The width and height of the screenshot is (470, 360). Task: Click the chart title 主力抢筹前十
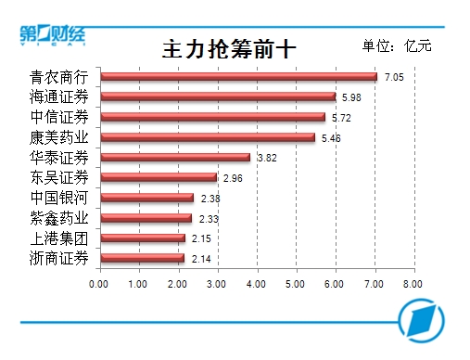click(x=229, y=49)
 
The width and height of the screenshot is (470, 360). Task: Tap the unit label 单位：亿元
click(x=397, y=45)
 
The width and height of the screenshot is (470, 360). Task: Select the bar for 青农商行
click(x=239, y=77)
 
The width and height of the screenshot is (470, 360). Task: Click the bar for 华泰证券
click(x=175, y=158)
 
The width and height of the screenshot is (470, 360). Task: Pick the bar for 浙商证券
click(x=143, y=258)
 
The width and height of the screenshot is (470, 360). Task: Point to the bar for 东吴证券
click(x=159, y=177)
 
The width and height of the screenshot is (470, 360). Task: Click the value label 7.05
click(x=394, y=77)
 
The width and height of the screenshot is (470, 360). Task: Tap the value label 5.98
click(x=351, y=97)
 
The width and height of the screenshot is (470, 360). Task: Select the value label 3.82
click(x=267, y=158)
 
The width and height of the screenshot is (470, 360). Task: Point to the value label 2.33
click(x=209, y=219)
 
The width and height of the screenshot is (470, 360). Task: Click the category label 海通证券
click(x=59, y=96)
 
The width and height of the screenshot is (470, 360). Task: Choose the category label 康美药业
click(x=59, y=137)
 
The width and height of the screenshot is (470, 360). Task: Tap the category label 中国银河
click(x=59, y=198)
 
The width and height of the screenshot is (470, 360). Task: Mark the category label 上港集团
click(x=59, y=238)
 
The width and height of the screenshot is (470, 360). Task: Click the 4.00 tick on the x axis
click(x=256, y=284)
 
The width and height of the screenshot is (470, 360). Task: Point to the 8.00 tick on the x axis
click(x=413, y=284)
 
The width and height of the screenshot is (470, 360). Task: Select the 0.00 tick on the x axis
click(x=98, y=284)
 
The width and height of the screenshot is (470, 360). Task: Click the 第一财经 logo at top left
click(x=53, y=35)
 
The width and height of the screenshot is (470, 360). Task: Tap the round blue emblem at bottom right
click(x=421, y=320)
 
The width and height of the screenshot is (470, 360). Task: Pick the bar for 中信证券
click(x=213, y=117)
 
